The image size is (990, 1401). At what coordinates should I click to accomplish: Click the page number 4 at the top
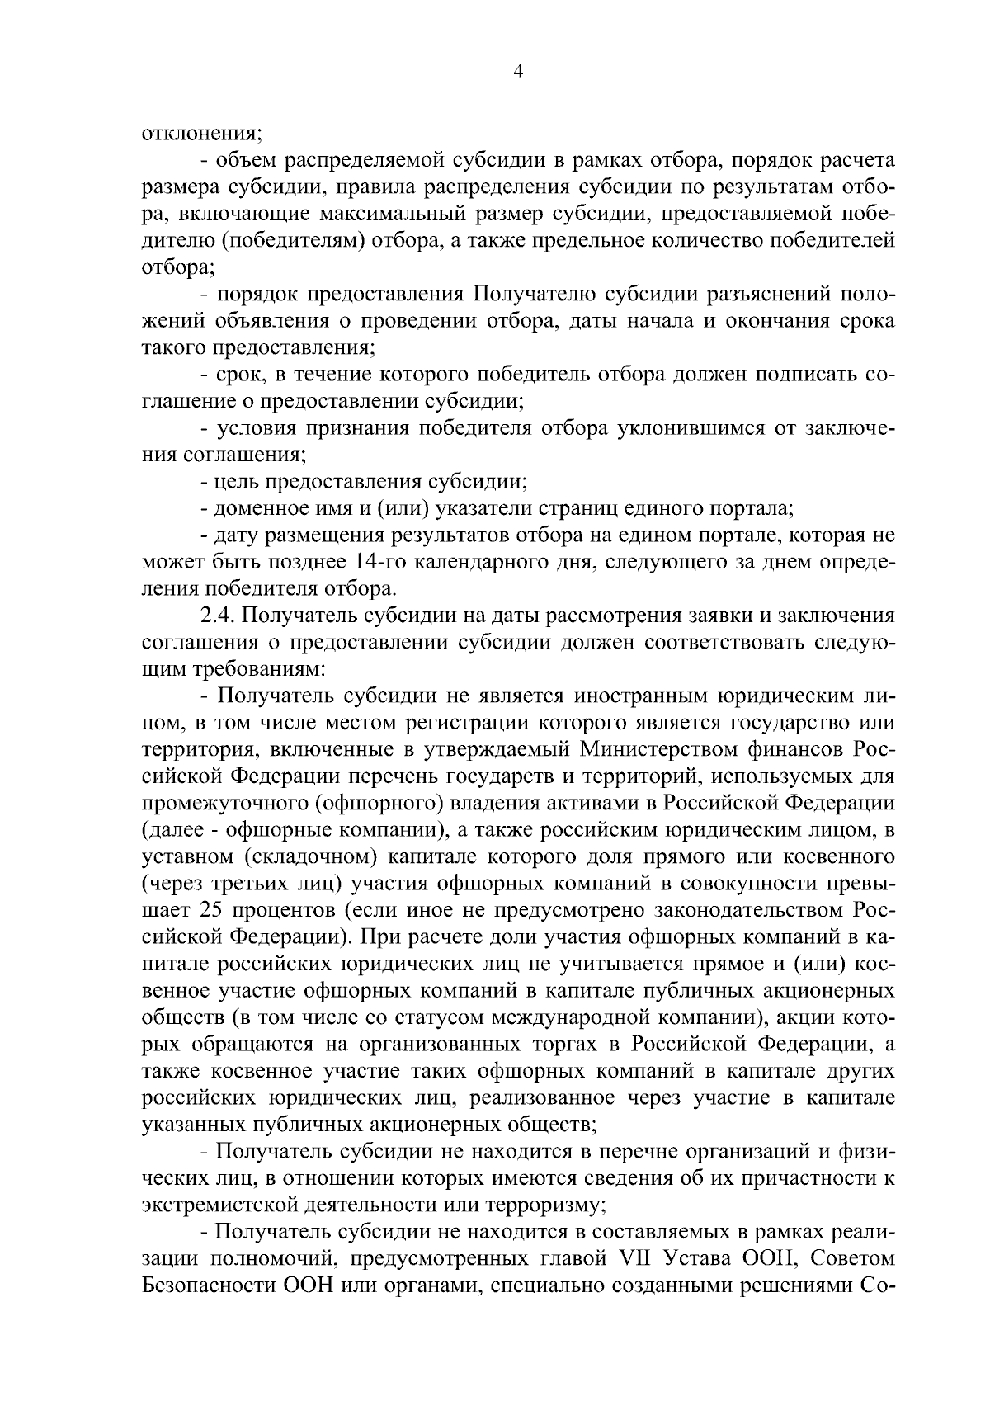[x=517, y=72]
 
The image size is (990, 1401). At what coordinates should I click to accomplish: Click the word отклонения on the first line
[x=202, y=133]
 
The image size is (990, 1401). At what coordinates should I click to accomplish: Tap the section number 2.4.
[x=219, y=616]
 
